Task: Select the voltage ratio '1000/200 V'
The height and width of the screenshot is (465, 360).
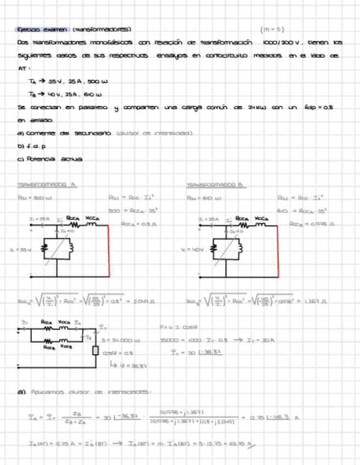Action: pos(282,42)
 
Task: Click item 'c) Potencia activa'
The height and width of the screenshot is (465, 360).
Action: pos(49,159)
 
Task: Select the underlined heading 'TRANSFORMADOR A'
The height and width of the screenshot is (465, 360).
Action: pos(47,185)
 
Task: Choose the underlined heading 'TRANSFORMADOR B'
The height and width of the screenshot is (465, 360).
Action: pos(215,185)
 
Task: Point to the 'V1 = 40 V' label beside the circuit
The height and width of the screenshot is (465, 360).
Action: pos(190,250)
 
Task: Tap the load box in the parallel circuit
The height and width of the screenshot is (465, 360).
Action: pos(95,350)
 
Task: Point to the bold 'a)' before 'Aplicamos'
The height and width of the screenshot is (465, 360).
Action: pos(22,392)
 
